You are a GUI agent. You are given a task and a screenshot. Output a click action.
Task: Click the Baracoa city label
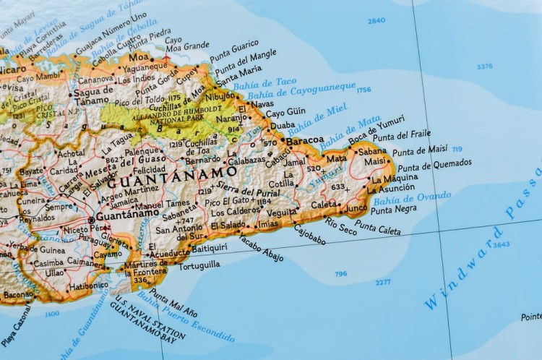pyautogui.click(x=305, y=141)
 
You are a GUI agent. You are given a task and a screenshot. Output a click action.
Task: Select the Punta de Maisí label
pyautogui.click(x=420, y=150)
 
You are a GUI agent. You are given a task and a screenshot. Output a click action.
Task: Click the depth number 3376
pyautogui.click(x=484, y=67)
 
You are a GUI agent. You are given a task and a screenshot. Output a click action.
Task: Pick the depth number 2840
pyautogui.click(x=377, y=21)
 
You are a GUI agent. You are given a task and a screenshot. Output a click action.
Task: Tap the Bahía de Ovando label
pyautogui.click(x=412, y=197)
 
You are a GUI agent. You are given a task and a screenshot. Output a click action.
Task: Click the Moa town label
pyautogui.click(x=139, y=56)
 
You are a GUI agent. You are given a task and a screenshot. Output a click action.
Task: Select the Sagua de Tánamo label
pyautogui.click(x=93, y=95)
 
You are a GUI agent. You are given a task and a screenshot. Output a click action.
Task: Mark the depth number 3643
pyautogui.click(x=501, y=244)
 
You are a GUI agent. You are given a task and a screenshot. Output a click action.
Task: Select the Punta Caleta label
pyautogui.click(x=378, y=228)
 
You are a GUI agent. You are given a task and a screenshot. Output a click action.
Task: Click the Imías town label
pyautogui.click(x=267, y=224)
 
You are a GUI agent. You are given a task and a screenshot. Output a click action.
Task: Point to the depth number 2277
pyautogui.click(x=383, y=282)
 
